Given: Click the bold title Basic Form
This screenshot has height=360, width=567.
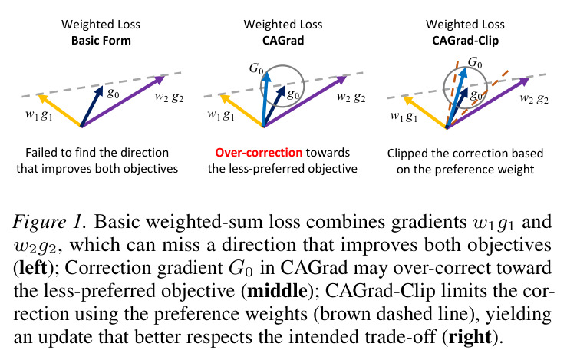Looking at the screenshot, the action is click(101, 40).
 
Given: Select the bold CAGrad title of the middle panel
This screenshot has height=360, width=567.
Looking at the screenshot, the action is click(283, 40).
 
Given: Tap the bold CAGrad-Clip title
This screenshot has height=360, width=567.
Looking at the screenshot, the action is click(466, 40).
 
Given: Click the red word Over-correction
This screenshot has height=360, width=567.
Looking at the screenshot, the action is click(259, 152).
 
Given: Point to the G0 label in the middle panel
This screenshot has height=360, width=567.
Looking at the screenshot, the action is click(256, 68).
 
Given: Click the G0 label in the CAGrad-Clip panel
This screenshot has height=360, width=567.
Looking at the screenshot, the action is click(475, 63).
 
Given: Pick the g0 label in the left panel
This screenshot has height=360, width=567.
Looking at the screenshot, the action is click(113, 93).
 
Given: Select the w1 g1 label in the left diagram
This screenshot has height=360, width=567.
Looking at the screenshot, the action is click(39, 114).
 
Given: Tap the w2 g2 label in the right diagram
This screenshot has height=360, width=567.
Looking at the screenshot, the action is click(534, 98).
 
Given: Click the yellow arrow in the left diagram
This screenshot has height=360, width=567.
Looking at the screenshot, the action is click(60, 111).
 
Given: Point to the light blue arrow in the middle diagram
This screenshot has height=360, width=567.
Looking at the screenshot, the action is click(265, 99).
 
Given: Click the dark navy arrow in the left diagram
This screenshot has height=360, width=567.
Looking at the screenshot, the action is click(92, 106).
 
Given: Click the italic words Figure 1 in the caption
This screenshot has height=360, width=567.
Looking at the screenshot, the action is click(50, 222).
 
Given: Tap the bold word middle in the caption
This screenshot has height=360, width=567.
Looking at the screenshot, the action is click(277, 290).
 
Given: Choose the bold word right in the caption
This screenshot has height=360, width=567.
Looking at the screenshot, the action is click(470, 337).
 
